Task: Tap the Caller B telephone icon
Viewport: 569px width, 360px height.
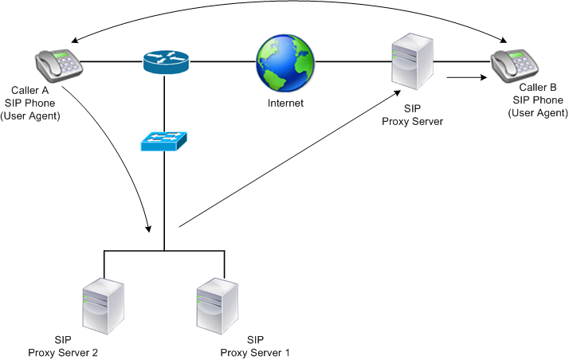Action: [x=514, y=64]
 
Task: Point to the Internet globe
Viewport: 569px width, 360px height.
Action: [x=285, y=65]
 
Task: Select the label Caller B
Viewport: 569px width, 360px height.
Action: [x=539, y=87]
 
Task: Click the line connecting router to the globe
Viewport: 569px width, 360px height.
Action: [x=223, y=61]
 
